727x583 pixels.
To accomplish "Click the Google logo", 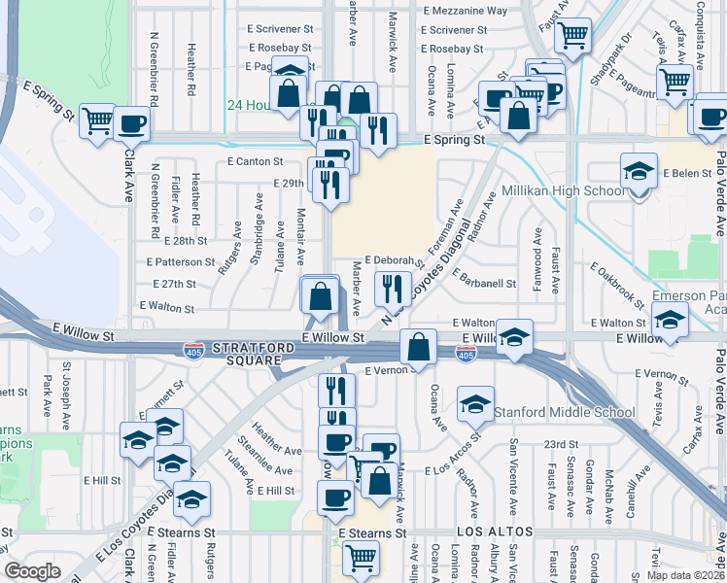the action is tap(33, 571).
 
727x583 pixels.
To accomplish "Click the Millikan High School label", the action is tap(565, 190).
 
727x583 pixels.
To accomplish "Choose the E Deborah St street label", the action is tap(395, 260).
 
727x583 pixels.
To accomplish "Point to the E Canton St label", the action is tap(255, 161).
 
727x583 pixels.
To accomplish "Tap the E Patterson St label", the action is tap(181, 262).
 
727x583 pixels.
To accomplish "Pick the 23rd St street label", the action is tap(561, 443).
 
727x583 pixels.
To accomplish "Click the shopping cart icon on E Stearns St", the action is tap(361, 556).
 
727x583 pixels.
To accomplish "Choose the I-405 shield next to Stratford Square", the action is tap(193, 347).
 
